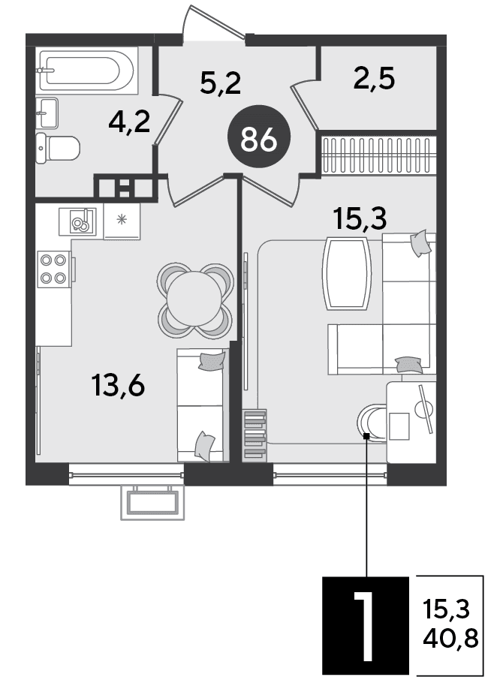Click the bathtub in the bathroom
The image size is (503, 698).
click(86, 70)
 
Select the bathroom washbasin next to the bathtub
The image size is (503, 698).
click(47, 113)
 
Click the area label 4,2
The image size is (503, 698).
click(129, 122)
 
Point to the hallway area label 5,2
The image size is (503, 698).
click(220, 83)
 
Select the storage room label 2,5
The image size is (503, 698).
click(374, 79)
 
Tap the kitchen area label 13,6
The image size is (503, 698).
click(118, 385)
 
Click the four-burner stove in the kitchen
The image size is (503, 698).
click(54, 269)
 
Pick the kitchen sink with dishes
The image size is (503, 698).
click(77, 221)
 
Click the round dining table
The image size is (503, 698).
click(194, 299)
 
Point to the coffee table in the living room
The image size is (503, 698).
click(347, 273)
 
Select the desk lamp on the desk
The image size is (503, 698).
click(423, 408)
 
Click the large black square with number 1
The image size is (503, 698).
click(366, 625)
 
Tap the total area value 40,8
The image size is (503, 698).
click(450, 639)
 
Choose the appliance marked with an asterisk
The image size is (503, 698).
click(122, 221)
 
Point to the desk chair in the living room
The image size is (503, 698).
click(372, 423)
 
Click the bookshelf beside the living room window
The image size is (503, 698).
click(255, 435)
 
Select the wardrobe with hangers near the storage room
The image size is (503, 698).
click(378, 155)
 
